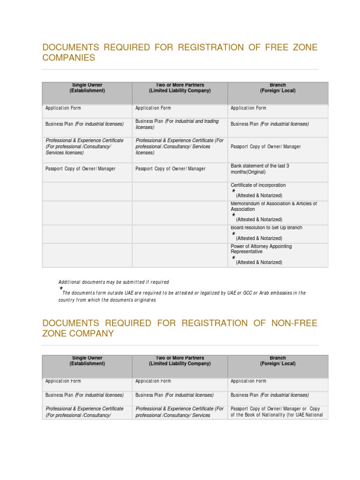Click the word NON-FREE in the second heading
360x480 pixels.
pyautogui.click(x=294, y=323)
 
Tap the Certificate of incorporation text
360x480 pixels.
pyautogui.click(x=258, y=185)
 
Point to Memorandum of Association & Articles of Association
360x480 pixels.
pyautogui.click(x=274, y=206)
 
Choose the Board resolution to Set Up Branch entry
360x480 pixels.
pyautogui.click(x=266, y=227)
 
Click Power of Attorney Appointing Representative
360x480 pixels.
pyautogui.click(x=261, y=249)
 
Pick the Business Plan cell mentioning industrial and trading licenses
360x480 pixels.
pyautogui.click(x=177, y=124)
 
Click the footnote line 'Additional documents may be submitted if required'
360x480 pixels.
pyautogui.click(x=113, y=282)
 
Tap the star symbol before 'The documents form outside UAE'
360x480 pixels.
pyautogui.click(x=61, y=288)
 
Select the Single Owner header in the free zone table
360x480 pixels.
pyautogui.click(x=87, y=88)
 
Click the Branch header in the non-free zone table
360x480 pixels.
pyautogui.click(x=278, y=360)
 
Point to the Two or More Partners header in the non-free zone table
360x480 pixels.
pyautogui.click(x=180, y=360)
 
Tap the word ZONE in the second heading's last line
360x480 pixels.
pyautogui.click(x=55, y=334)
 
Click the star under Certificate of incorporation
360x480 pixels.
pyautogui.click(x=233, y=191)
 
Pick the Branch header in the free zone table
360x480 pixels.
pyautogui.click(x=278, y=88)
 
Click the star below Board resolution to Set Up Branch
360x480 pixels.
pyautogui.click(x=233, y=233)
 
